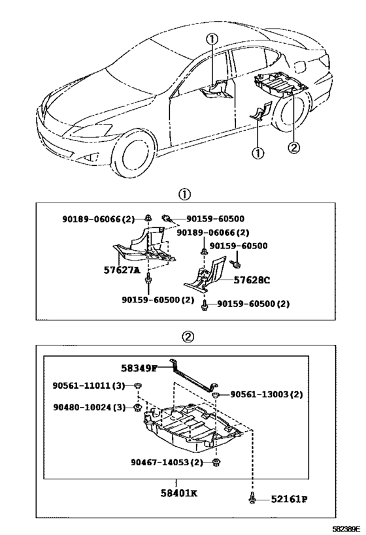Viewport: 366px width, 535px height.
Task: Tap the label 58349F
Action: click(139, 368)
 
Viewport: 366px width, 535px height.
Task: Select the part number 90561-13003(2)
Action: click(266, 395)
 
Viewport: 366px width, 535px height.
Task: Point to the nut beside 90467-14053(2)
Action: click(216, 462)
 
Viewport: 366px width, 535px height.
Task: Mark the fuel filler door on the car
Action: click(303, 65)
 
